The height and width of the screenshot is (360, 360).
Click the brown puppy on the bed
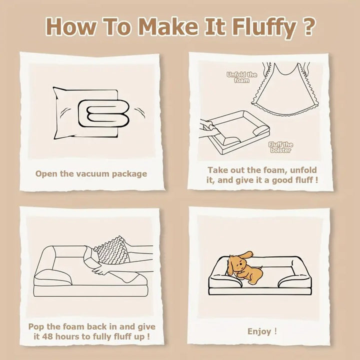coord(244,267)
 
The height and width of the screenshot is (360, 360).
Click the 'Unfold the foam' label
coord(241,77)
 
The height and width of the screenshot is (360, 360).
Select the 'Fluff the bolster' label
coord(280,147)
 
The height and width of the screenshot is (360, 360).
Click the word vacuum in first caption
coord(92,173)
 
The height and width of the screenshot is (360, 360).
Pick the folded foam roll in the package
coord(104,113)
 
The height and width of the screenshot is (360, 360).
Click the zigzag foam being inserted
coord(112,250)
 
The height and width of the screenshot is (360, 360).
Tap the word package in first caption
coord(129,174)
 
